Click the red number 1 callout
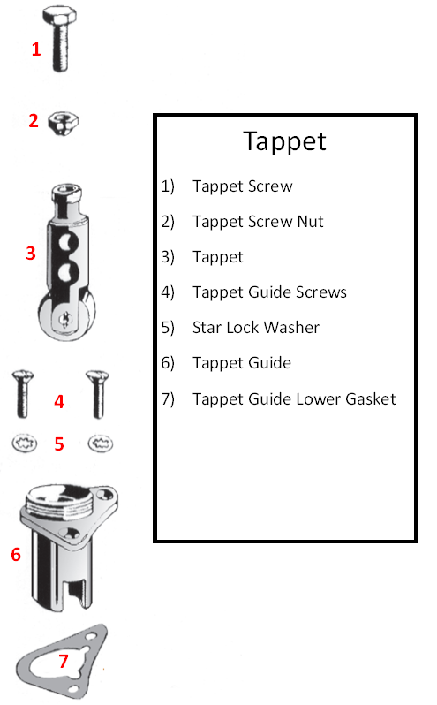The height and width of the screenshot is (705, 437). point(36,49)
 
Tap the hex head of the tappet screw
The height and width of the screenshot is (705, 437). point(60,15)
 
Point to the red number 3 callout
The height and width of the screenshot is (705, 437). point(31,254)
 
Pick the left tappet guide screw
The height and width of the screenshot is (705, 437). point(22,393)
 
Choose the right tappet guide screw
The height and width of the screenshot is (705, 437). point(97,394)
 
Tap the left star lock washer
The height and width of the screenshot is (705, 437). point(24,443)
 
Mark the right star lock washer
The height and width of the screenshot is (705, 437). point(100,443)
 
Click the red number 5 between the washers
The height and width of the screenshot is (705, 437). point(59,444)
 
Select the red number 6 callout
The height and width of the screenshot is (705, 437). point(16,555)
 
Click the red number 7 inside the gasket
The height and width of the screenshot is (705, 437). point(64,661)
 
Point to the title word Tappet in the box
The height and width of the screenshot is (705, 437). point(285,142)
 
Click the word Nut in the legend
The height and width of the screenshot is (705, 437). point(311,221)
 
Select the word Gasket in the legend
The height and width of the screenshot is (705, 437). point(371,398)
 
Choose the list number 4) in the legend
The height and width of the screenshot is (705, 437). point(168,292)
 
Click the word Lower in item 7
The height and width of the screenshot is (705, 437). point(319,398)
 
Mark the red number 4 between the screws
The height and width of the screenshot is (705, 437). point(59,401)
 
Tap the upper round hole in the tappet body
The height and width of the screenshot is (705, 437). point(68,243)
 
